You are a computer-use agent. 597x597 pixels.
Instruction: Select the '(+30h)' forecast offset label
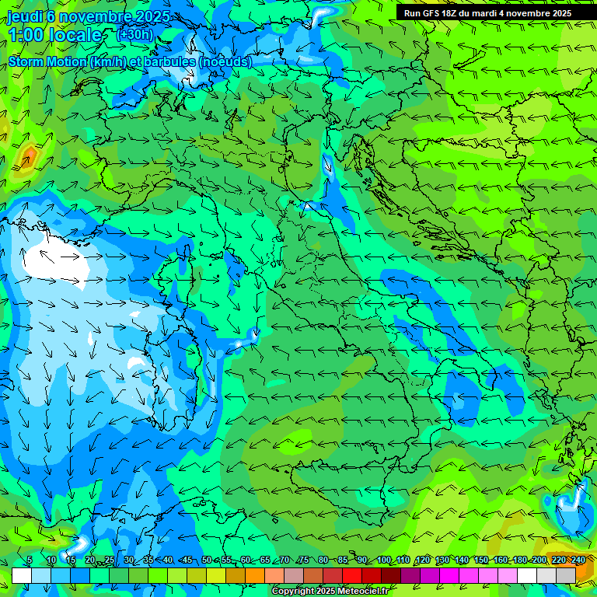[134, 34]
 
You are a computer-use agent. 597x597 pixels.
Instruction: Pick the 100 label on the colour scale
[384, 560]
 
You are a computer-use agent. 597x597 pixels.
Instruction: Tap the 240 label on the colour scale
[578, 560]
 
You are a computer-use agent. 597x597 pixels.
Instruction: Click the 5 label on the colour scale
[30, 560]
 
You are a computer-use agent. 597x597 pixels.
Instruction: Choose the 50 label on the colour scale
[207, 560]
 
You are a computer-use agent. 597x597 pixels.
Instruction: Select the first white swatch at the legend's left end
[22, 575]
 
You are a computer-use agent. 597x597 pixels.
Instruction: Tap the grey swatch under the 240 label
[566, 575]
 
